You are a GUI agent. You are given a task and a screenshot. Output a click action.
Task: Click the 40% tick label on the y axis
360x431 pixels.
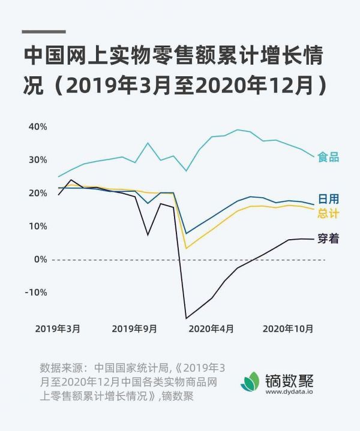pyautogui.click(x=37, y=127)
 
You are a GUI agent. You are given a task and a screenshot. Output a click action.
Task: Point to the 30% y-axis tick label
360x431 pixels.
pyautogui.click(x=37, y=160)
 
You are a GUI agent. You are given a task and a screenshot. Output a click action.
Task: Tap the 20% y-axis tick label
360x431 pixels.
pyautogui.click(x=37, y=193)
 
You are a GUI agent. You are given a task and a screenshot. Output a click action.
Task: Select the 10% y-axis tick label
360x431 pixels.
pyautogui.click(x=37, y=226)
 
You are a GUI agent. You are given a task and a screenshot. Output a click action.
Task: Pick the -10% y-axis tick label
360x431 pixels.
pyautogui.click(x=35, y=293)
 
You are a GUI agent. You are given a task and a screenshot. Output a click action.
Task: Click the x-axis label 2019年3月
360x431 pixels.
pyautogui.click(x=58, y=328)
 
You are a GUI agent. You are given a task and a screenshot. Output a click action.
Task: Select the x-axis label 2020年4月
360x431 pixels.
pyautogui.click(x=211, y=328)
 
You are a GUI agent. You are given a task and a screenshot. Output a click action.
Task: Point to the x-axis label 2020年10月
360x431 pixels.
pyautogui.click(x=289, y=328)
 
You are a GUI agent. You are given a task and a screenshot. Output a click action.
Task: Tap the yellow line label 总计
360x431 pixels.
pyautogui.click(x=329, y=213)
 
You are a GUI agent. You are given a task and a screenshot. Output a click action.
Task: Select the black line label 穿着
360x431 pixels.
pyautogui.click(x=329, y=239)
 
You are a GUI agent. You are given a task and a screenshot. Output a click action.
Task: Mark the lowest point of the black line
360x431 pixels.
pyautogui.click(x=186, y=318)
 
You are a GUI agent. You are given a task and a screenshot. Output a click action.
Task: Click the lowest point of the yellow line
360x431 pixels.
pyautogui.click(x=186, y=248)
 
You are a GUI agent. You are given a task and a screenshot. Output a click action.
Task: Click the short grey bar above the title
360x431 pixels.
pyautogui.click(x=43, y=32)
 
